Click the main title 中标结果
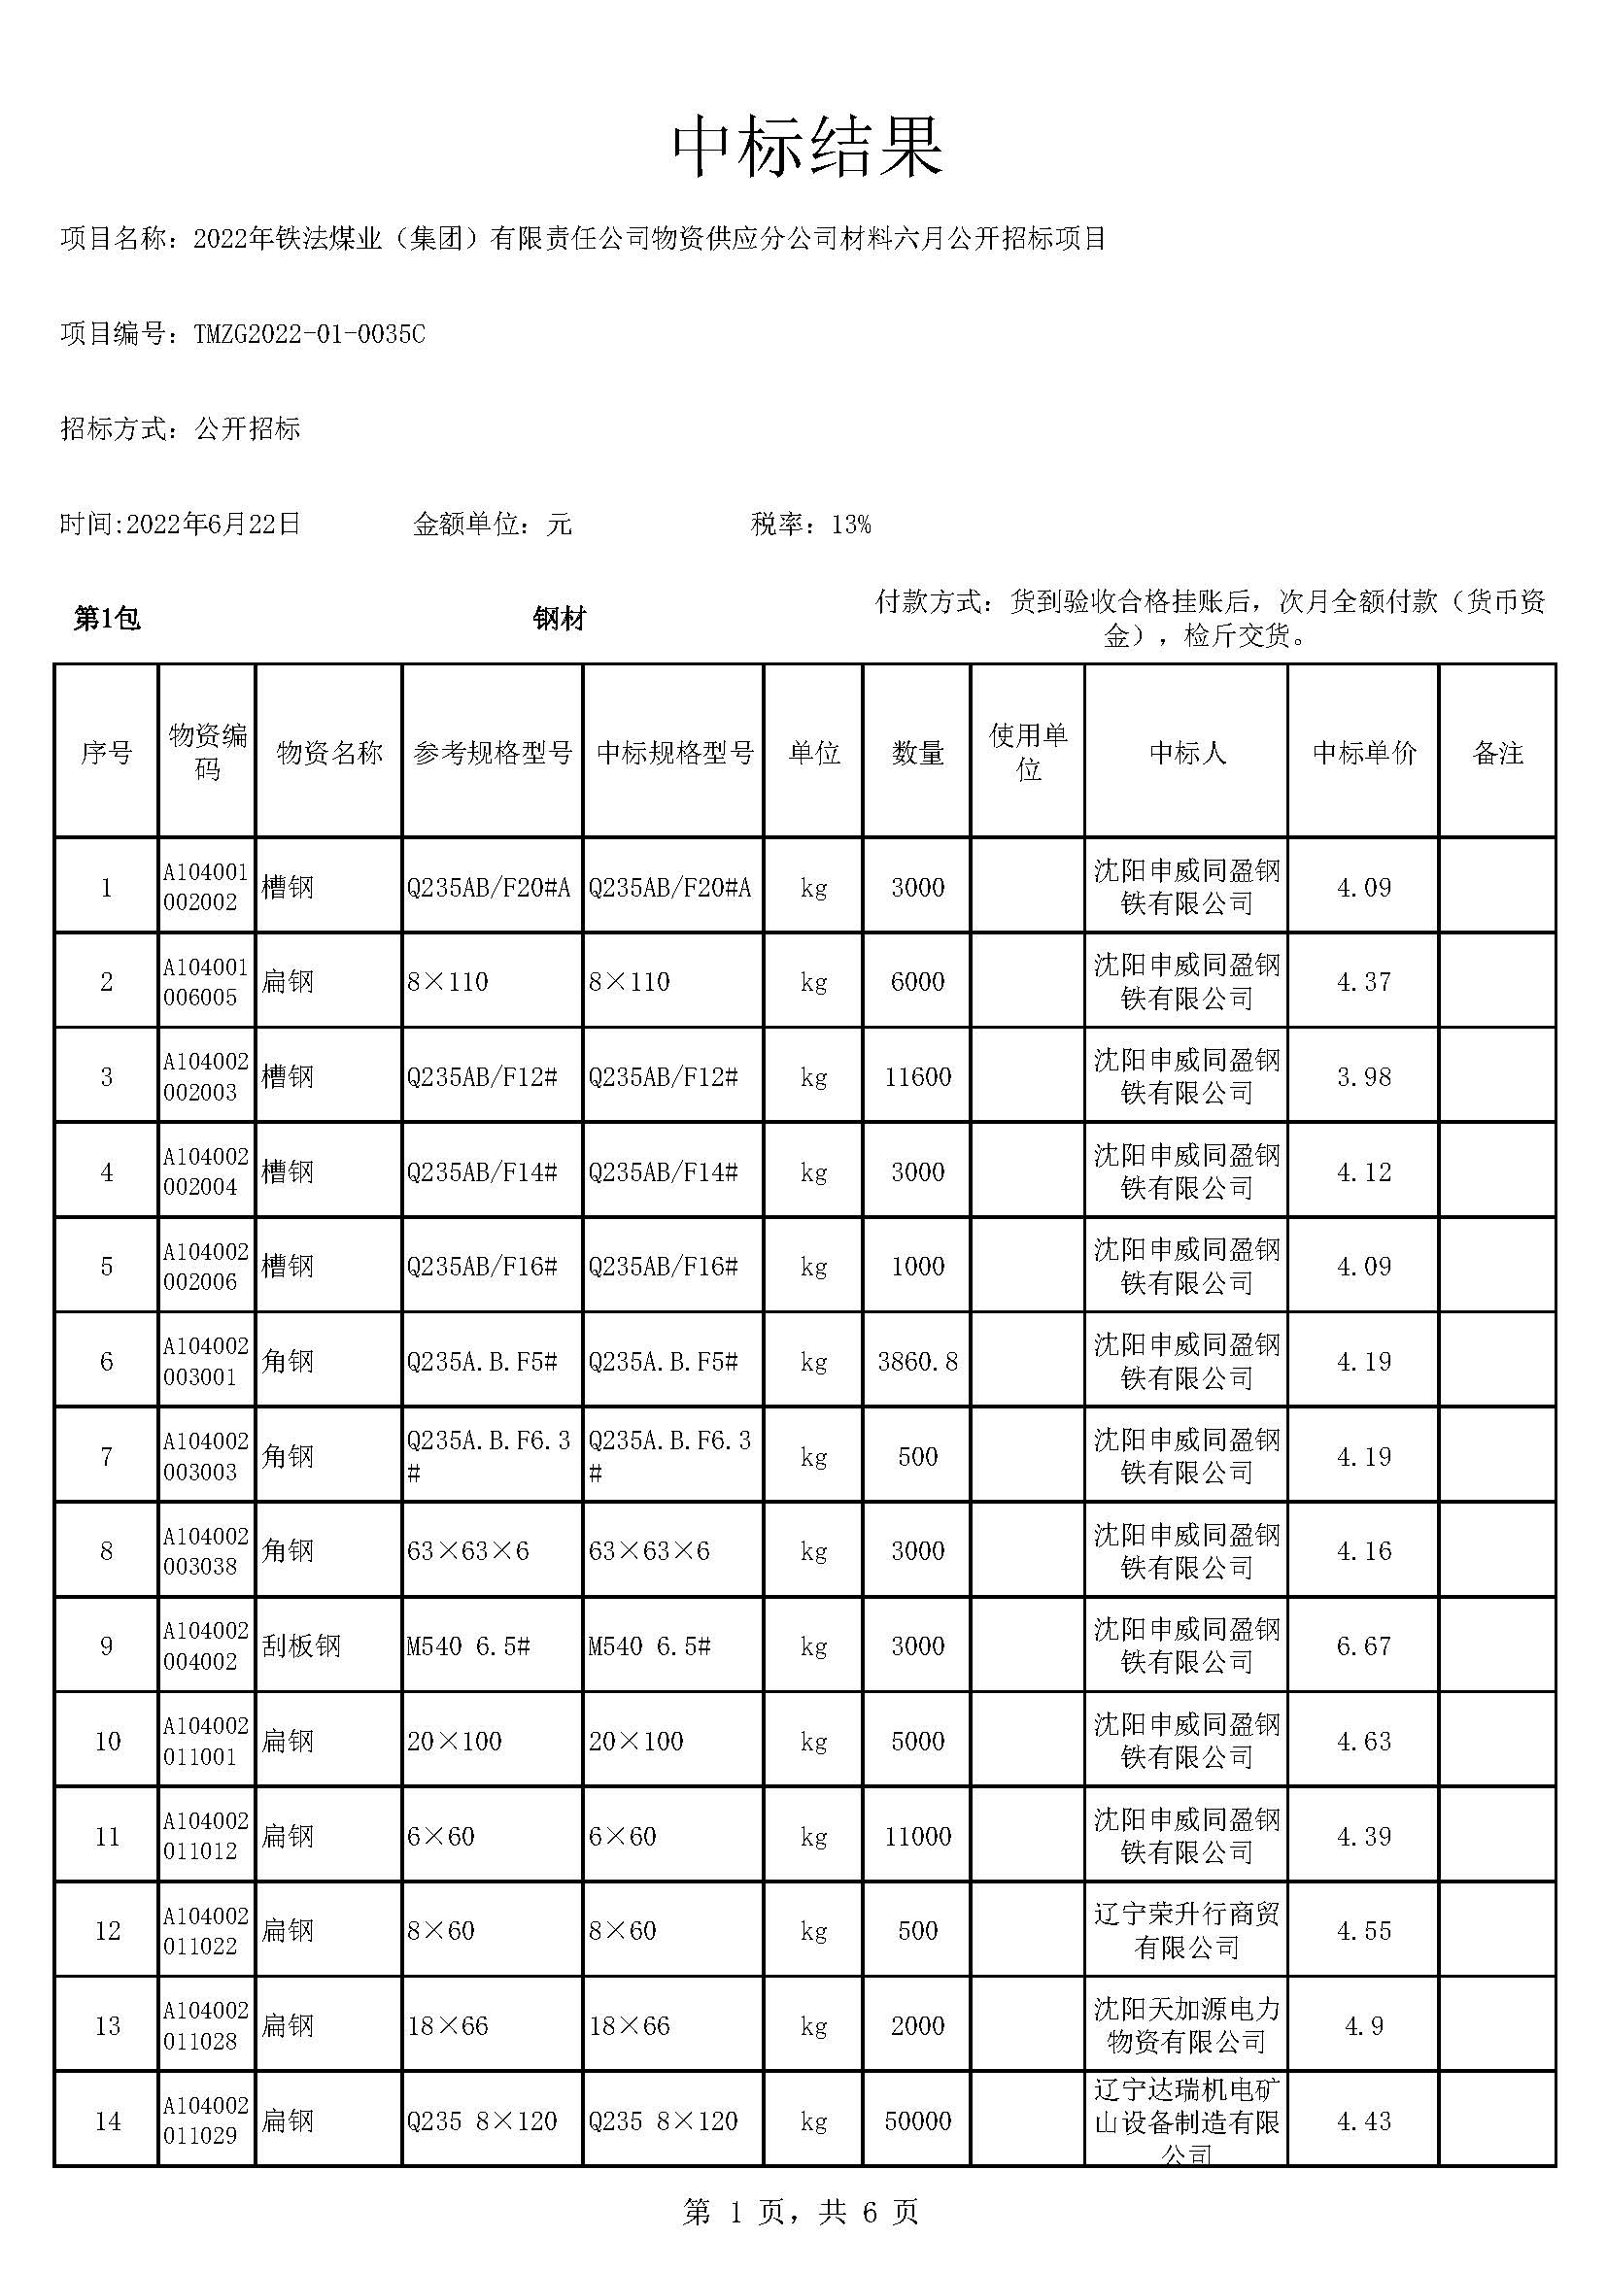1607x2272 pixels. click(x=807, y=149)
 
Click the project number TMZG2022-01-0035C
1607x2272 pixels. click(x=309, y=334)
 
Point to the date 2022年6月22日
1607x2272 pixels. click(x=213, y=524)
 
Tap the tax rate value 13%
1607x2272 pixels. click(x=851, y=525)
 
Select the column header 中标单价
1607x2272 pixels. click(x=1363, y=753)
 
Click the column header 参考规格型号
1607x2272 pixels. click(x=492, y=753)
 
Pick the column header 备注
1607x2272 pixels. click(x=1497, y=753)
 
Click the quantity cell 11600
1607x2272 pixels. click(x=917, y=1076)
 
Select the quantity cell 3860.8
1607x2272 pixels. click(x=917, y=1362)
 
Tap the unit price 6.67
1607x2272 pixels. click(x=1363, y=1645)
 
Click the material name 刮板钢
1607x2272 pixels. click(x=301, y=1645)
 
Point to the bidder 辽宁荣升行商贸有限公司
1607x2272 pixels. click(x=1186, y=1931)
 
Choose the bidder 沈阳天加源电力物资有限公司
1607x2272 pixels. click(x=1186, y=2024)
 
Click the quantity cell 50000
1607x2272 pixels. click(x=917, y=2120)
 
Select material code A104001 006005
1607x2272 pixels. click(x=205, y=982)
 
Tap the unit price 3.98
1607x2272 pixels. click(x=1363, y=1076)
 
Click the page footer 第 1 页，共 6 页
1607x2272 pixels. click(x=802, y=2213)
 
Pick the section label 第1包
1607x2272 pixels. click(x=107, y=619)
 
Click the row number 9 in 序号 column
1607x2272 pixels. click(x=107, y=1645)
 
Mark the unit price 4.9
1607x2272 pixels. click(x=1363, y=2025)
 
